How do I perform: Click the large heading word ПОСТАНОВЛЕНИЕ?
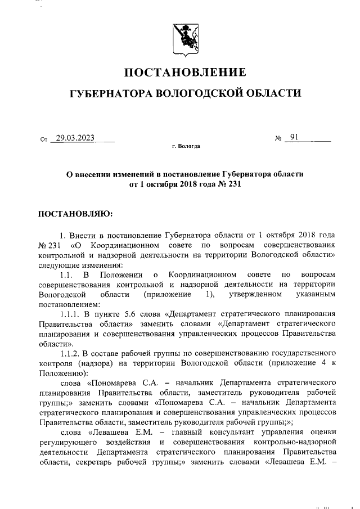185,73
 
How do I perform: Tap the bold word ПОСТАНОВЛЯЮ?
75,214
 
